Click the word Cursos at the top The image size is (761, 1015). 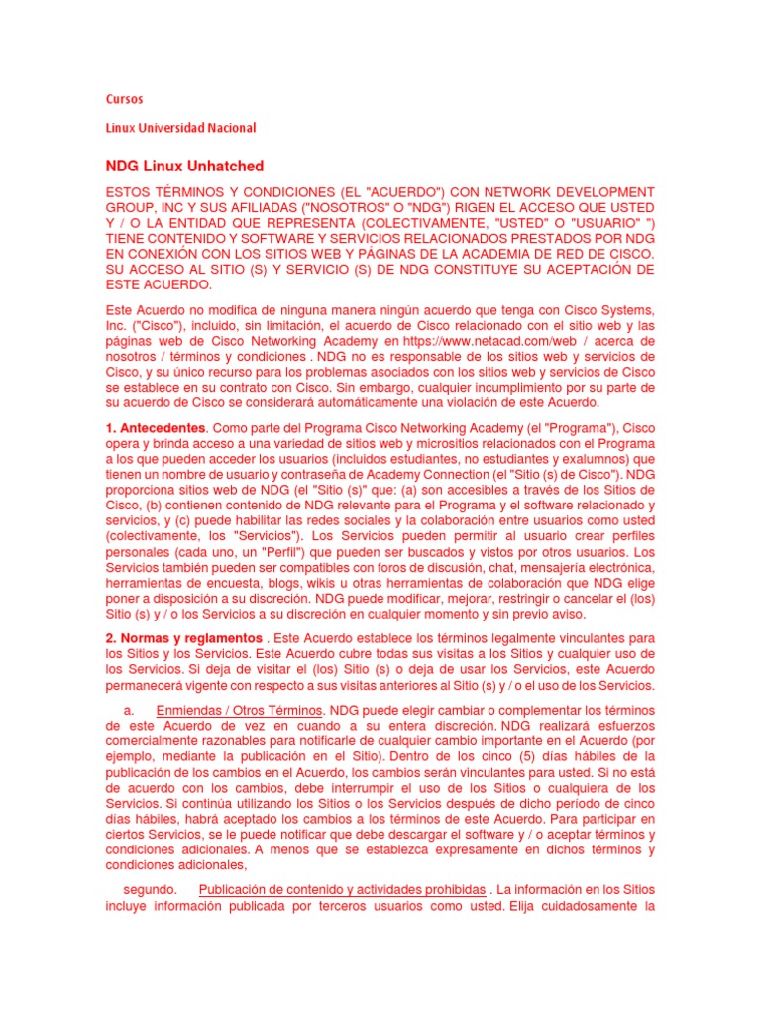coord(124,99)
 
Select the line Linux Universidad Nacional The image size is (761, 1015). coord(180,128)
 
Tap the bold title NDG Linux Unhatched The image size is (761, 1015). coord(184,166)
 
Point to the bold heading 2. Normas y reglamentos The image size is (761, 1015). coord(183,637)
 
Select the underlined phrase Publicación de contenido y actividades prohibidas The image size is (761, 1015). coord(342,889)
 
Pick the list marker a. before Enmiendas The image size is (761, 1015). coord(129,711)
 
